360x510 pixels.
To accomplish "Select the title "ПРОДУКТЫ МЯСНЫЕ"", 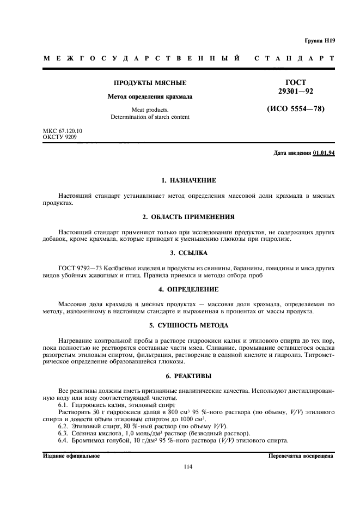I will pos(150,83).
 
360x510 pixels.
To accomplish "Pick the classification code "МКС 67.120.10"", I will pos(63,131).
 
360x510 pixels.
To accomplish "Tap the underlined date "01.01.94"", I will pos(324,153).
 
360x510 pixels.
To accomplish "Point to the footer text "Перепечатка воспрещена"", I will pos(302,456).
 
